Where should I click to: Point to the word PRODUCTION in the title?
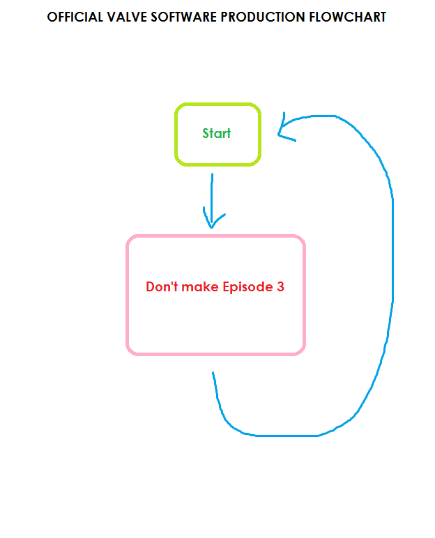click(x=261, y=17)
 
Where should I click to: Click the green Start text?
click(x=217, y=133)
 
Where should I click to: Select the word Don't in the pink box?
click(x=162, y=286)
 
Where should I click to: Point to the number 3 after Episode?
click(x=280, y=286)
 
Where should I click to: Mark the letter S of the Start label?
click(x=206, y=133)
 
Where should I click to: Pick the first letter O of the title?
click(x=52, y=17)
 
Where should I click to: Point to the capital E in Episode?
click(x=226, y=286)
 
